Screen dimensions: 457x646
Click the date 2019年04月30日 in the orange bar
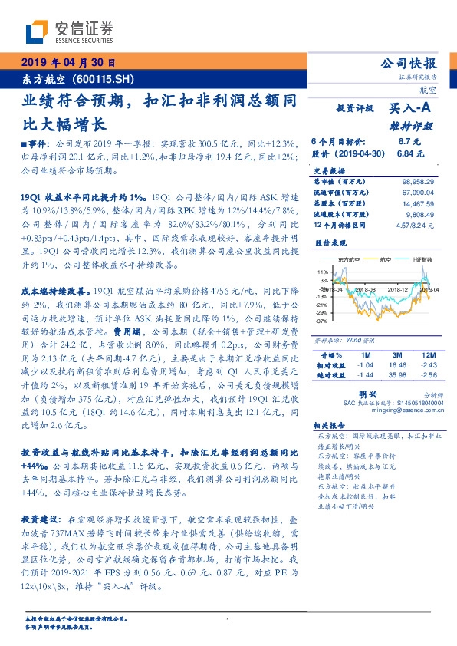67,64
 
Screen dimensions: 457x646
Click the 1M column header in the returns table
365,356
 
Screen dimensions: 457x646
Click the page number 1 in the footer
228,620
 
